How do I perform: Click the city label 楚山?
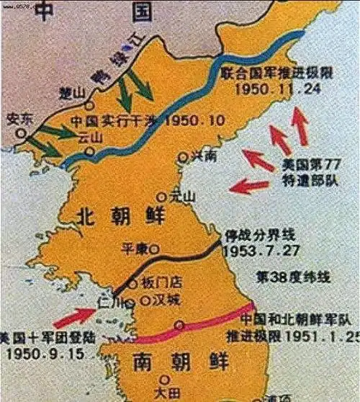(75, 92)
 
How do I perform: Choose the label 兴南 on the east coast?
(200, 156)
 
